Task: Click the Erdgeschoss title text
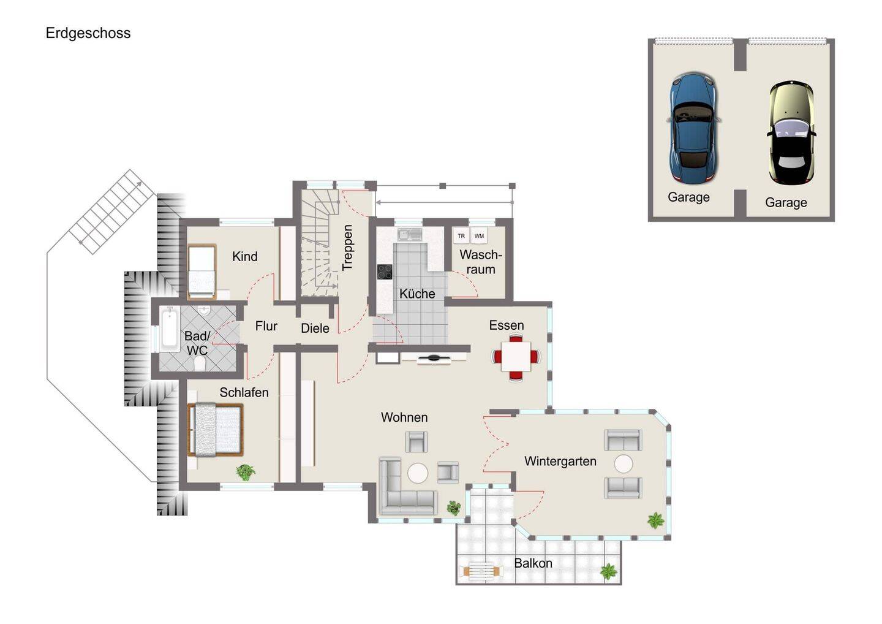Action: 88,34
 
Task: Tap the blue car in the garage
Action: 693,127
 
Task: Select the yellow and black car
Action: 791,132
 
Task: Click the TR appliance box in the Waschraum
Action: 461,236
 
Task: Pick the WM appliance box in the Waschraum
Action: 479,236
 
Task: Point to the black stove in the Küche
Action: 385,272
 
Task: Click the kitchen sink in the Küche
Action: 410,234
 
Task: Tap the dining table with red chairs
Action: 516,357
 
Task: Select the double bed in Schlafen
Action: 216,430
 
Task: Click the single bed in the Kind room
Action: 202,272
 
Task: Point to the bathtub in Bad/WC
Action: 170,329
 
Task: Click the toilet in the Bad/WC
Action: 200,364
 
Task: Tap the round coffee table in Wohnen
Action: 417,473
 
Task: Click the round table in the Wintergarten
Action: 624,464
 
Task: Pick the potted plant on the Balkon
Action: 609,572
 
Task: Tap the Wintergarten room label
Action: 560,462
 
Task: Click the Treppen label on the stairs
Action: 347,248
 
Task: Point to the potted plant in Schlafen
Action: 246,473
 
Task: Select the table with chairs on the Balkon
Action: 481,571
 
